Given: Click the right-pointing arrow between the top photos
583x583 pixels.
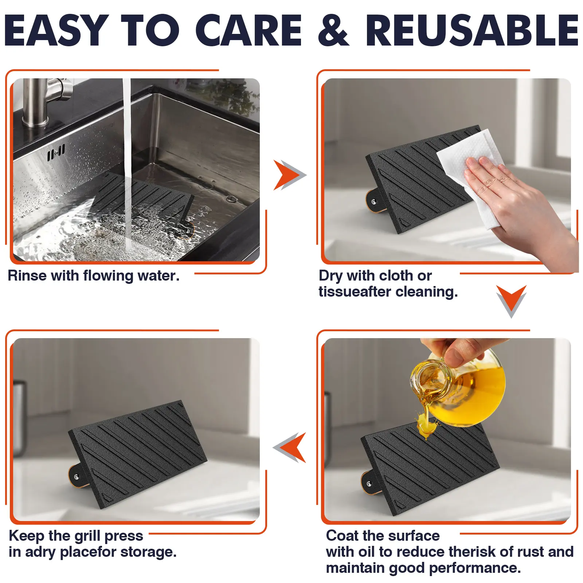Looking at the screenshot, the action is (290, 175).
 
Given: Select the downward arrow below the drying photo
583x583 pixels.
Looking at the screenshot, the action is (511, 301).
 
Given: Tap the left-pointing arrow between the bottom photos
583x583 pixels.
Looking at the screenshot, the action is (289, 447).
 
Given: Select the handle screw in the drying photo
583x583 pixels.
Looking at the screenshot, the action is (373, 201).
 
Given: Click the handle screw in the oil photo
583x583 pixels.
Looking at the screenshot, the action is (369, 484).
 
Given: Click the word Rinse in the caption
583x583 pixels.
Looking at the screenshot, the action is (27, 276).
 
